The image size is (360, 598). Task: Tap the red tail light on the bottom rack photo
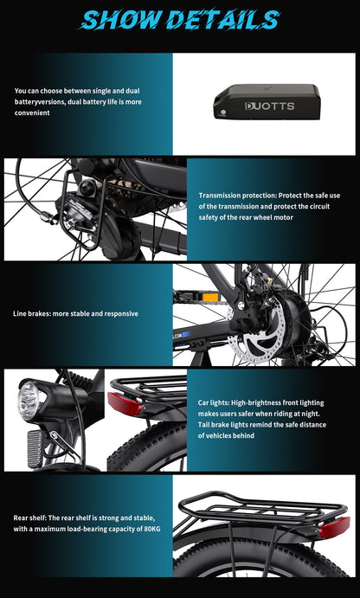coord(334,526)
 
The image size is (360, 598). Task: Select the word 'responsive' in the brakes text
coord(120,313)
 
